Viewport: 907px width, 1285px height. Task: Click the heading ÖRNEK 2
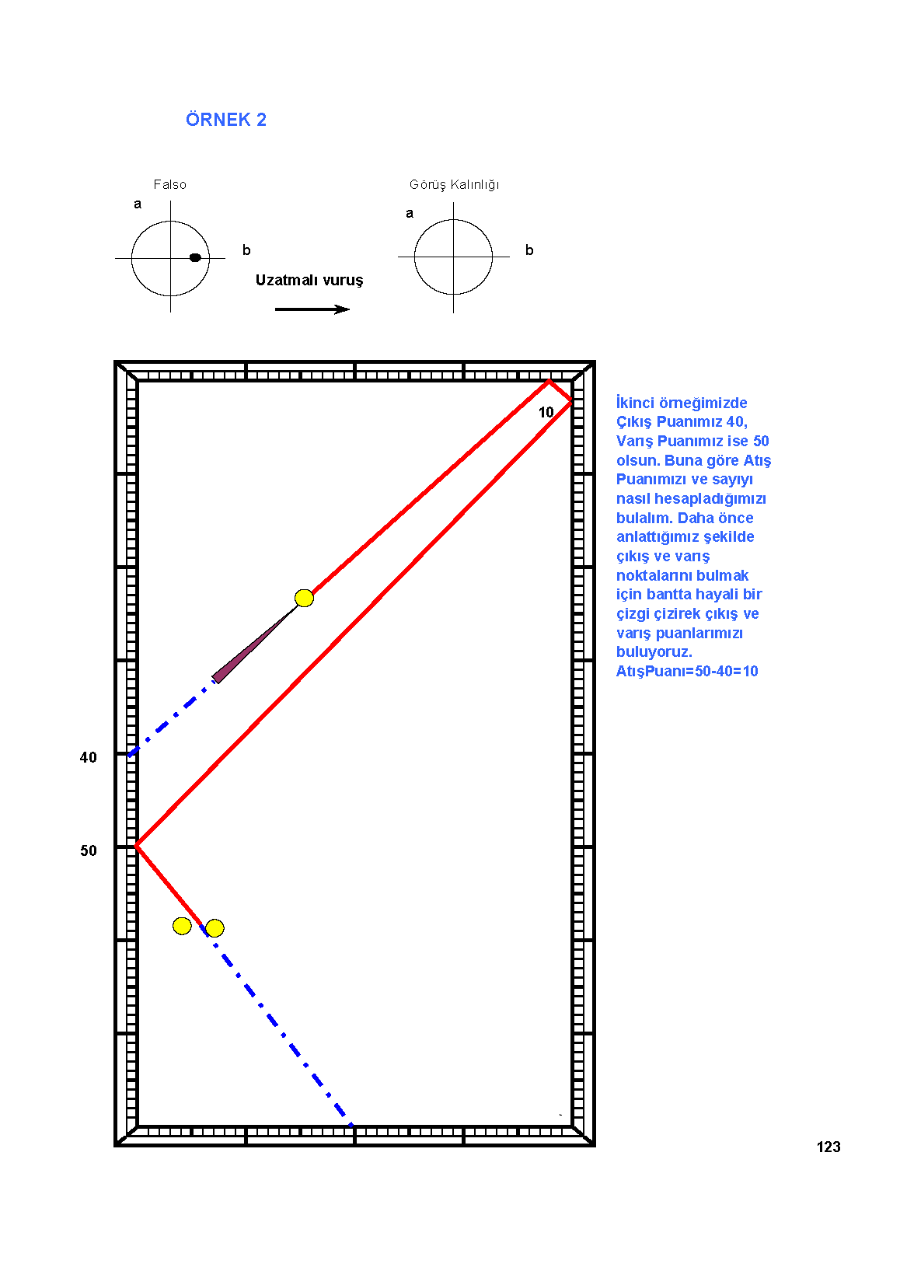226,119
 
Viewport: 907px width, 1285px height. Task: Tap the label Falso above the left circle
169,184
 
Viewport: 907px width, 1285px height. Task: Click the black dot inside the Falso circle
195,257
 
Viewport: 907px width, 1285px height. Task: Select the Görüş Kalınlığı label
455,185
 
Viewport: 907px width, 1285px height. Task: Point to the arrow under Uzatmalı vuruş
312,309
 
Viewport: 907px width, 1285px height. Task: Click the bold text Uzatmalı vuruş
309,281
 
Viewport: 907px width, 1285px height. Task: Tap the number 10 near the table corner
546,412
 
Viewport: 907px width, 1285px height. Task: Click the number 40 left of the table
89,757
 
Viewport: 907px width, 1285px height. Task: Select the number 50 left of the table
89,850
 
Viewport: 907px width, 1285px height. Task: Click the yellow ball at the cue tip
304,598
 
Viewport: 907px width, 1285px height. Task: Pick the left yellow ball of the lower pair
182,925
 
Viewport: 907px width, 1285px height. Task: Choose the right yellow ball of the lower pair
215,927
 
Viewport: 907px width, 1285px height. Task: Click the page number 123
829,1147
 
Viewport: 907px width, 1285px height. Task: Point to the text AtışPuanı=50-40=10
687,671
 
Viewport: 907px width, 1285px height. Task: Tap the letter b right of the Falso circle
246,250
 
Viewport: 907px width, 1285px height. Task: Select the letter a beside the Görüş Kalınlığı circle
410,214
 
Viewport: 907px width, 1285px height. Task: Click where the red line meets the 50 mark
137,846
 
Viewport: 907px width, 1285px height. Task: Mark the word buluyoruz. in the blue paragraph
654,652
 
